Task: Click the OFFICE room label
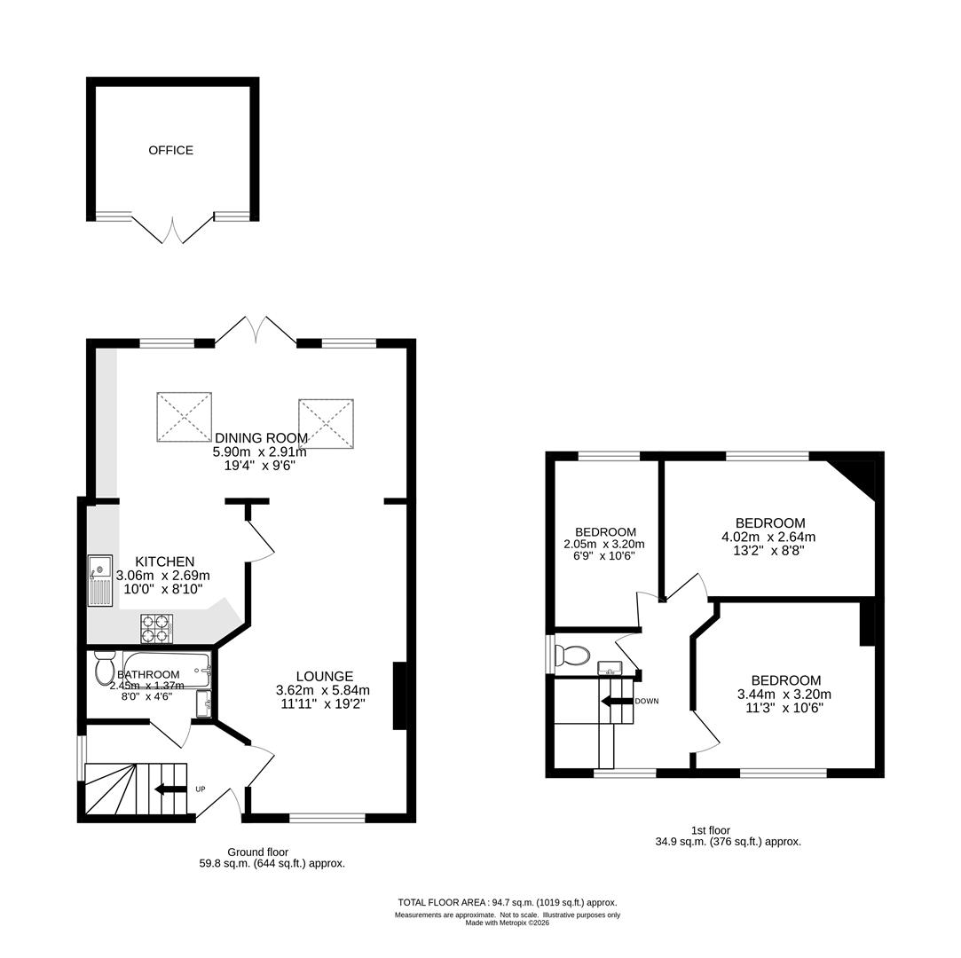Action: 170,150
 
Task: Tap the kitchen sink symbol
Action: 100,580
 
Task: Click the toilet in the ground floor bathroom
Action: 105,668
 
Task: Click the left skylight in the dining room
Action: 184,416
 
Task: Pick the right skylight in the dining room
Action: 326,423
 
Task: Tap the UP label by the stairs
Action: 200,789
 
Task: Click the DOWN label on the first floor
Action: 646,701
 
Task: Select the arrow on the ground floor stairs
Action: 165,789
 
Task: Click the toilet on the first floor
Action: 571,656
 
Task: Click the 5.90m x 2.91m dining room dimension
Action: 259,452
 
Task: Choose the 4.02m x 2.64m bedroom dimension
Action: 769,537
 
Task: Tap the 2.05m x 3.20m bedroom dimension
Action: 603,544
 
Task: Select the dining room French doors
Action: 256,331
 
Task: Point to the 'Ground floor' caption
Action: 256,852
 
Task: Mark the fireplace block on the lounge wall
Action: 399,695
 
